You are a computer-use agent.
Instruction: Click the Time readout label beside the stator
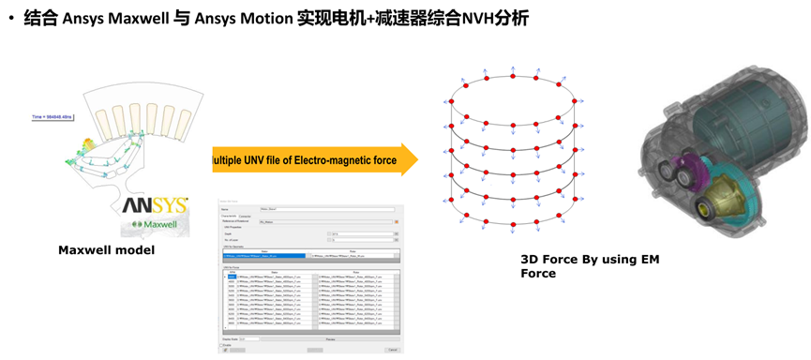click(52, 117)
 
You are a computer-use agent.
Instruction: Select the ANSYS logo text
click(155, 205)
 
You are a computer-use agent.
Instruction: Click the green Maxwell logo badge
click(155, 226)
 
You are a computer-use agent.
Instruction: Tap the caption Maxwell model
click(105, 250)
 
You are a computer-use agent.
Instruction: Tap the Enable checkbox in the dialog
click(224, 344)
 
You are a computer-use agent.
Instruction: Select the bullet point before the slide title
click(11, 19)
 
